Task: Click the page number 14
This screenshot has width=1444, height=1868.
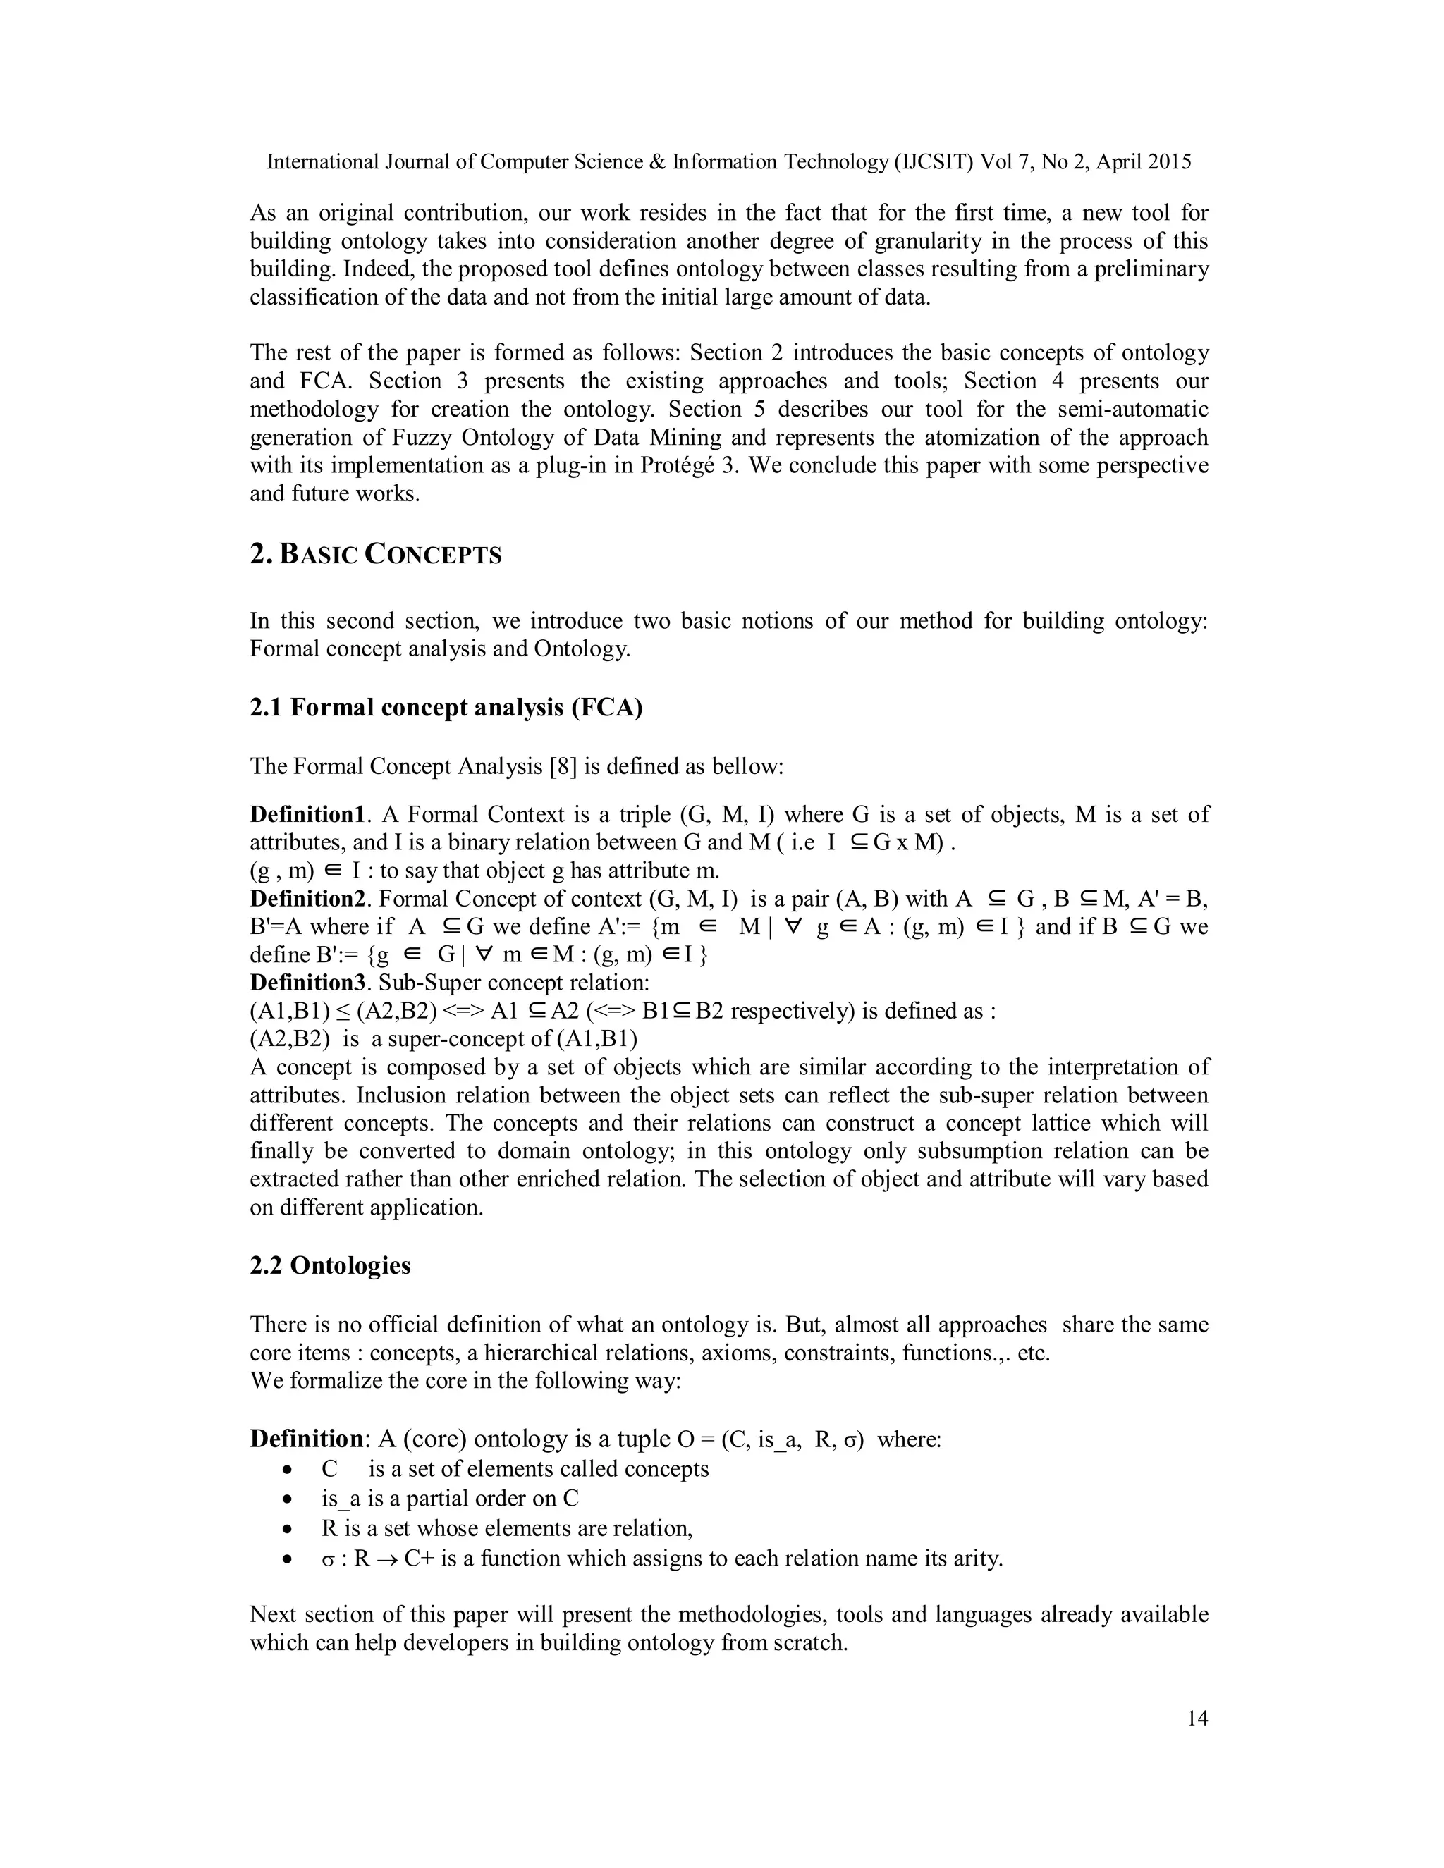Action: tap(1197, 1719)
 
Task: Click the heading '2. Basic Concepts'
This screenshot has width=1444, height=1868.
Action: tap(376, 554)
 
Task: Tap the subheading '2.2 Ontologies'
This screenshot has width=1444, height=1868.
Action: tap(330, 1265)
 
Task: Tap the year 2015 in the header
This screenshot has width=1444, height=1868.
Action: tap(1168, 161)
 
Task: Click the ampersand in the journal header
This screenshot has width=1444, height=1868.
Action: tap(658, 161)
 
